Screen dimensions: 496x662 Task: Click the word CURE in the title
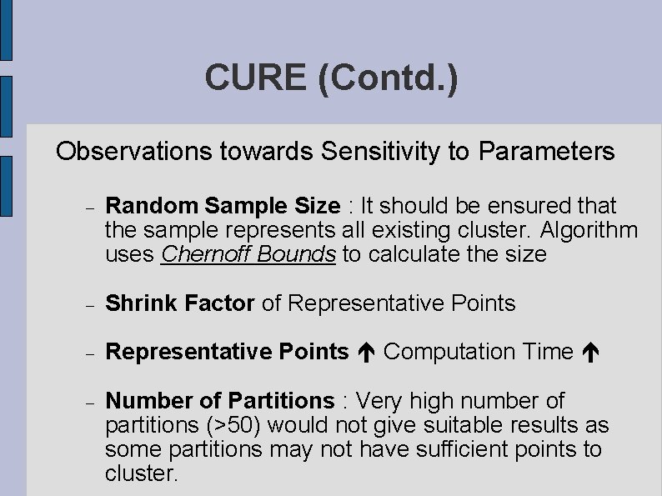(x=256, y=78)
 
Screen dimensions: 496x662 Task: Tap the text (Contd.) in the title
(x=388, y=78)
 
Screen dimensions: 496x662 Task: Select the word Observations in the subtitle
(x=134, y=152)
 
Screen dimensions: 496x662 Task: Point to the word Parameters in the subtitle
(x=547, y=152)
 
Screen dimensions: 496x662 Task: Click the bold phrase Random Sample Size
(x=223, y=205)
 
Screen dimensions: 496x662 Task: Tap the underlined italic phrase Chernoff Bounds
(x=248, y=253)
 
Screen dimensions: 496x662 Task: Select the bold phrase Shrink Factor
(x=180, y=303)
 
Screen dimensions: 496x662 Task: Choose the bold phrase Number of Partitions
(x=219, y=401)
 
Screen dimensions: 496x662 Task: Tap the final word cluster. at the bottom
(x=142, y=473)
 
